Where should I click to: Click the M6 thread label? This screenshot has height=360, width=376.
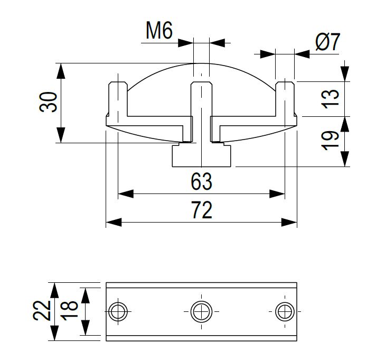point(159,31)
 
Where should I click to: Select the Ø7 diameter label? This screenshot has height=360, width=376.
point(327,42)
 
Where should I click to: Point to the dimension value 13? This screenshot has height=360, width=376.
point(330,99)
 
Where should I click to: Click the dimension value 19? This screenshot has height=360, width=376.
point(330,140)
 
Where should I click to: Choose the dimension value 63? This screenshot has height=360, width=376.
point(201,182)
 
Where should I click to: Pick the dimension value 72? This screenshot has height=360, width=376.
point(201,210)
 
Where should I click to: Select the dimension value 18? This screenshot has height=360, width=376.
point(70,311)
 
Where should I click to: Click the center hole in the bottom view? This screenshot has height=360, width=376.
point(201,311)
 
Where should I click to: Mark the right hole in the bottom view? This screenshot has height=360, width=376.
point(285,311)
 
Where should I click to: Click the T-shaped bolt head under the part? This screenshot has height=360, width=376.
point(201,155)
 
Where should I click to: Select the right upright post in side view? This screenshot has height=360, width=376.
point(285,100)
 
